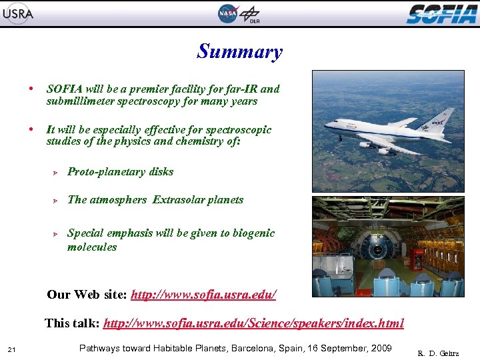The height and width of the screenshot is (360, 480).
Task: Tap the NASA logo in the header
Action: [x=227, y=13]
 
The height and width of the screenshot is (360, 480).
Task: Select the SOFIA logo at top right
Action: [x=441, y=13]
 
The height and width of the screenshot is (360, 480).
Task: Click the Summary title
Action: [x=239, y=51]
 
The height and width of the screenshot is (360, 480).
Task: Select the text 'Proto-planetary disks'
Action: [x=120, y=171]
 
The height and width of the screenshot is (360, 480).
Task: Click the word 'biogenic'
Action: [x=252, y=233]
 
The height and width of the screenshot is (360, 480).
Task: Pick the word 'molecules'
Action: [x=91, y=247]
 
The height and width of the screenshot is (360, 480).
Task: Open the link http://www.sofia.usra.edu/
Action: [x=203, y=294]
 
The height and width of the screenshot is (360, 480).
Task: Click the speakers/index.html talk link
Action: [x=253, y=323]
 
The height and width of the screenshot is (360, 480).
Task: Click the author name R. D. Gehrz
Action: [x=438, y=353]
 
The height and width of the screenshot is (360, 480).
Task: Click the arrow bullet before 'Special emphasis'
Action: [x=57, y=233]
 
